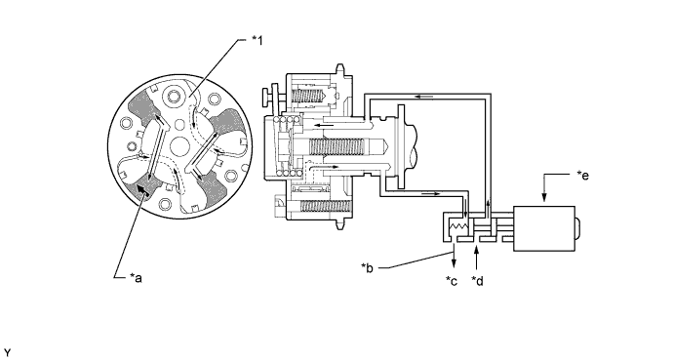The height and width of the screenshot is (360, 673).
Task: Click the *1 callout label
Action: pos(257,40)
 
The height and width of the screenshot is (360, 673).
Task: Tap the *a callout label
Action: pos(136,278)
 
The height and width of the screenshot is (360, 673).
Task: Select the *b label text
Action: pos(367,268)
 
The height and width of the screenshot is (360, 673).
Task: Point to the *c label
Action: pos(451,281)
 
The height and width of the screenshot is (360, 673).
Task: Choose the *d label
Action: pos(477,281)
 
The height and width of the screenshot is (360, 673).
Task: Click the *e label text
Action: pos(583,175)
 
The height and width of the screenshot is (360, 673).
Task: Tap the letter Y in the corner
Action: pos(7,353)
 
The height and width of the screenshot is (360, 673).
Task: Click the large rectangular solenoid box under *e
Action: pos(544,228)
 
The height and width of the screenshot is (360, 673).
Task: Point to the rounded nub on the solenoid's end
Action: pos(577,228)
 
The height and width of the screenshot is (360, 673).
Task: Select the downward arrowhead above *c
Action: pos(454,262)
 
